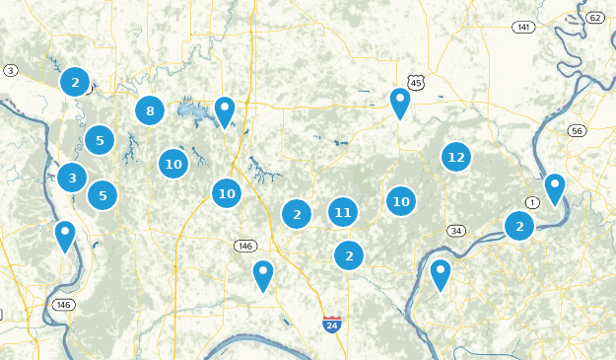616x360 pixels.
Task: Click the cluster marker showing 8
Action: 150,110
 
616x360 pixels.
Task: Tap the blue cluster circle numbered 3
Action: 71,179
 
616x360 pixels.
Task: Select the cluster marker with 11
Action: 342,211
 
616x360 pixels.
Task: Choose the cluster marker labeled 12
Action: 455,157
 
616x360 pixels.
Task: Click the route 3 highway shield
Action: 10,70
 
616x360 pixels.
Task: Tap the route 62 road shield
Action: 594,18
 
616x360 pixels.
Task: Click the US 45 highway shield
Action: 415,83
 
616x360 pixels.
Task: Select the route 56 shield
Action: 578,131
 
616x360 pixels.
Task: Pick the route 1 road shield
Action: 533,202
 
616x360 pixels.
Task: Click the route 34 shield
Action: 455,231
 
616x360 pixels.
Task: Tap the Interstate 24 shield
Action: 332,324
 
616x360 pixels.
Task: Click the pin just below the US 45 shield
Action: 399,103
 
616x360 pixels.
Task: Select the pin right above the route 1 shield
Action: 555,187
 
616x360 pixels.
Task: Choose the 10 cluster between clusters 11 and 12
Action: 400,201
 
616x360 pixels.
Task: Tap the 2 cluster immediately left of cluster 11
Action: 297,213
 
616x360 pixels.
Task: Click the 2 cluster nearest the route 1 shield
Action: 519,227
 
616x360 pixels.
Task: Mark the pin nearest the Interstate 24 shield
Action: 262,274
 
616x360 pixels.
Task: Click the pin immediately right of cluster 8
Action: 225,111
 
